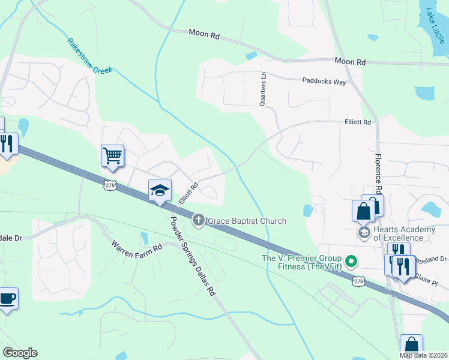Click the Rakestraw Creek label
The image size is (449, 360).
pyautogui.click(x=90, y=56)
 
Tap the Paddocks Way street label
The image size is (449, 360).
pyautogui.click(x=324, y=81)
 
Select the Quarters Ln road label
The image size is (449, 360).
pyautogui.click(x=262, y=89)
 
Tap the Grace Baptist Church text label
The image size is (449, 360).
pyautogui.click(x=247, y=221)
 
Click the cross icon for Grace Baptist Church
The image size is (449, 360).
pyautogui.click(x=198, y=221)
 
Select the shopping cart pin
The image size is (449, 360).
pyautogui.click(x=112, y=156)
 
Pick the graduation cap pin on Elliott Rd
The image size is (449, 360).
pyautogui.click(x=160, y=190)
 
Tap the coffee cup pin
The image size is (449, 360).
pyautogui.click(x=7, y=299)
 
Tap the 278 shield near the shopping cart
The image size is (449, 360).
pyautogui.click(x=109, y=186)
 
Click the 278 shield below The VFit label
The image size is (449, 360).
pyautogui.click(x=358, y=281)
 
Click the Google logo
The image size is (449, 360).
pyautogui.click(x=20, y=353)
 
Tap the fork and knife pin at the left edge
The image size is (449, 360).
pyautogui.click(x=7, y=144)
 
